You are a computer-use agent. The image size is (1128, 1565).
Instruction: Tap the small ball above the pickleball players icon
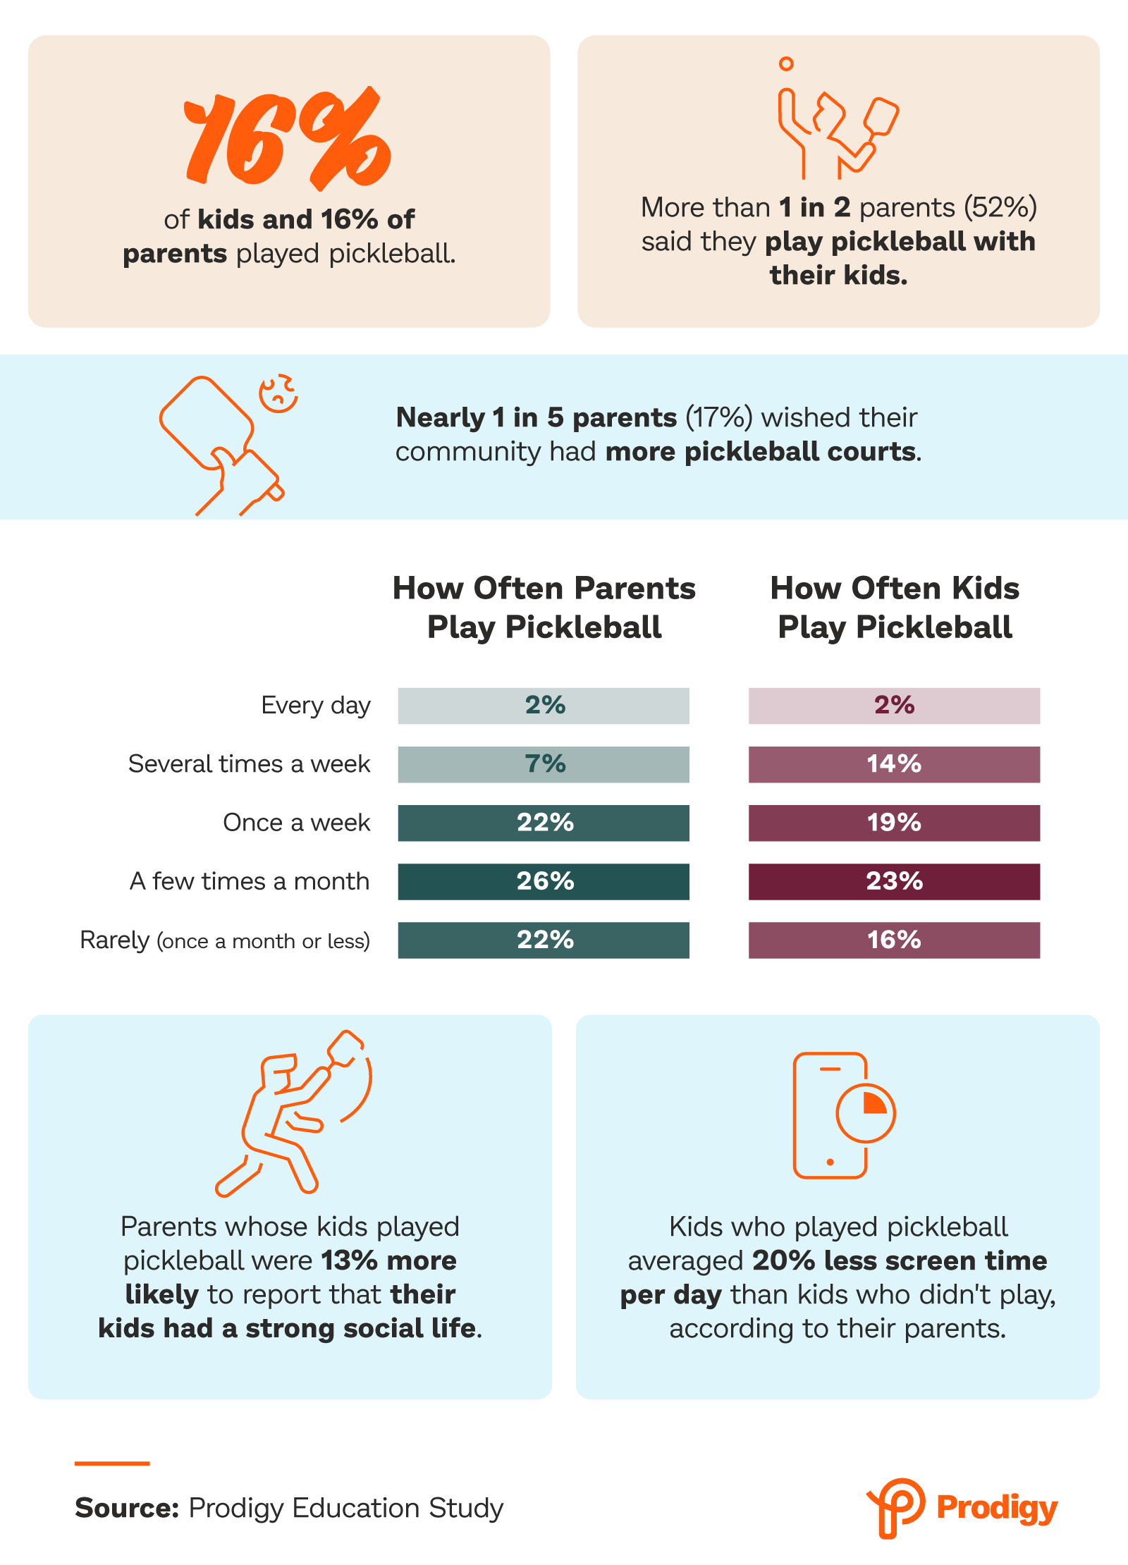coord(786,64)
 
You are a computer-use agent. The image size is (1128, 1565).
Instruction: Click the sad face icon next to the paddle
coord(278,393)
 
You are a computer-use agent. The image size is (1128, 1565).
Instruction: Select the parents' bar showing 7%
coord(544,764)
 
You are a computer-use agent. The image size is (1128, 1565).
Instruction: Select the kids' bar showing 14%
coord(894,764)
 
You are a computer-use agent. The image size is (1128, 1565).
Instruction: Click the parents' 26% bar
coord(544,881)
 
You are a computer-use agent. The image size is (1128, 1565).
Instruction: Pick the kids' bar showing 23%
coord(894,881)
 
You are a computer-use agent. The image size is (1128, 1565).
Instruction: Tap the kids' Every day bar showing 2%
coord(894,706)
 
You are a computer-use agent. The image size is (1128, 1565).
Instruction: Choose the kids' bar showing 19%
coord(894,823)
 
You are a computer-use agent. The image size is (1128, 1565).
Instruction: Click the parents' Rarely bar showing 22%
coord(544,940)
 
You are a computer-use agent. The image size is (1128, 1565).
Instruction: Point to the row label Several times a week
coord(249,764)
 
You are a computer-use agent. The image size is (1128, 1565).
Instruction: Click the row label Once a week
coord(296,823)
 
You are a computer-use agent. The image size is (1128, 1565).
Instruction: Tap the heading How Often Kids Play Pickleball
coord(895,607)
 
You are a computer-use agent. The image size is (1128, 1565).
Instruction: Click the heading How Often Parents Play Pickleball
coord(544,607)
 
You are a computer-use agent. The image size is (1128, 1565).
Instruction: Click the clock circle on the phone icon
coord(865,1113)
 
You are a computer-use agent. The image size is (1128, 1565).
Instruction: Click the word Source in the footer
coord(127,1508)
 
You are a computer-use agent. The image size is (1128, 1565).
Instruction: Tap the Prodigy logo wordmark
coord(996,1508)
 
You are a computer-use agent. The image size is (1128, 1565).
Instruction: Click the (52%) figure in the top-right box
coord(1000,207)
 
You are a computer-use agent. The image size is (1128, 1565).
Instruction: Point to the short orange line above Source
coord(112,1463)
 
